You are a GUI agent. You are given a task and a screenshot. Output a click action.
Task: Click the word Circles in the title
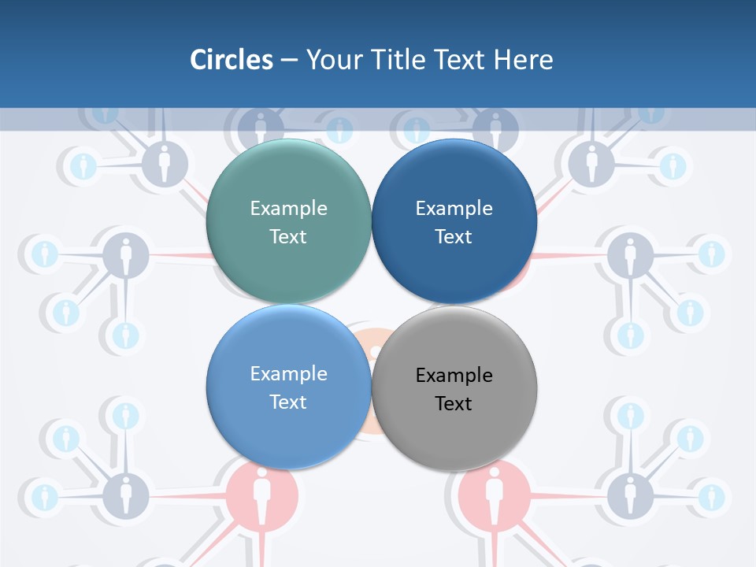coord(232,59)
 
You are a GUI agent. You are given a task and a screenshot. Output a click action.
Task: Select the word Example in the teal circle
coord(288,208)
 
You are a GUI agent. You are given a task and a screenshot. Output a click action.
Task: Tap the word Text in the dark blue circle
coord(454,236)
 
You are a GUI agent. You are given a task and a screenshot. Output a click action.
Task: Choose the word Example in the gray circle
coord(454,375)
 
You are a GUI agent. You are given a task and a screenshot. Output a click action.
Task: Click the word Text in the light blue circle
coord(288,402)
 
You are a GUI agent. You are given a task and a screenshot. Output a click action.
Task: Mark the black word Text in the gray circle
coord(454,403)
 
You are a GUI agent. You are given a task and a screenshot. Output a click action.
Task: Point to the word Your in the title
coord(331,59)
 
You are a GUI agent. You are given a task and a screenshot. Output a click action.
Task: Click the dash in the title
coord(289,60)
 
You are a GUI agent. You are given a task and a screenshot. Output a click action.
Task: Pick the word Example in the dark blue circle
coord(454,208)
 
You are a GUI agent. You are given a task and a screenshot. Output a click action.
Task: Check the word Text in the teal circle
coord(288,236)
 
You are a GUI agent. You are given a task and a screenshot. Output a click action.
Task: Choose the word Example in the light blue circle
coord(288,373)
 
